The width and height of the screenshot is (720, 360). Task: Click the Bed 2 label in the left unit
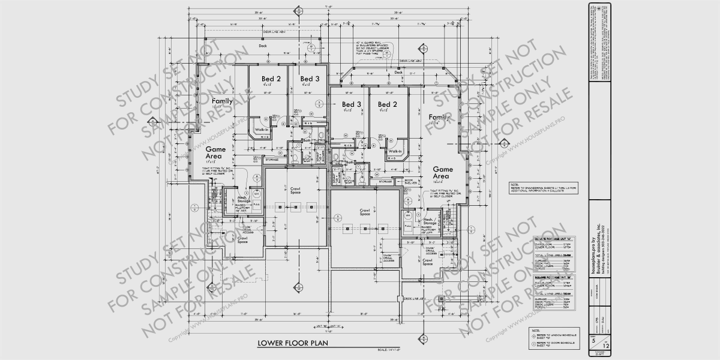click(271, 79)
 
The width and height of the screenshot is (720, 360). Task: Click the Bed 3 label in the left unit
click(310, 79)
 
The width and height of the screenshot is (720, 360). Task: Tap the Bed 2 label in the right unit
click(385, 104)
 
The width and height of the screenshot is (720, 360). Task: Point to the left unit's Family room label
click(222, 101)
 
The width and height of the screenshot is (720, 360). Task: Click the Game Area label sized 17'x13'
click(214, 152)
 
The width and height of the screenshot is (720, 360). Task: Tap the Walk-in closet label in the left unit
click(262, 130)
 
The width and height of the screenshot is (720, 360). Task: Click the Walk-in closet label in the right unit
click(395, 151)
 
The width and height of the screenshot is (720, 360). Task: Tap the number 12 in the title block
click(606, 346)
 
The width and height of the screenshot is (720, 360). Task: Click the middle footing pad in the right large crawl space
click(364, 228)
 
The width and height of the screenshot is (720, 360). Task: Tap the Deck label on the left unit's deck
click(262, 46)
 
